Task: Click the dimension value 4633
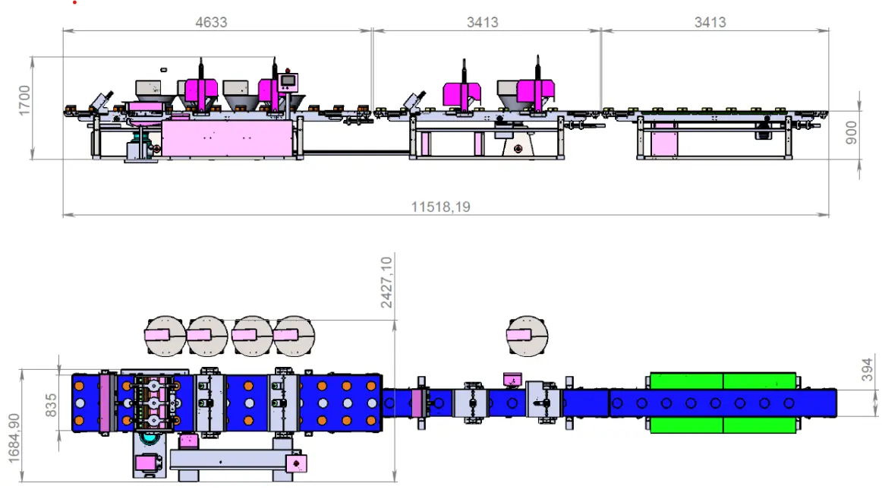tap(211, 23)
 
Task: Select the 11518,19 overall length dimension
tap(440, 207)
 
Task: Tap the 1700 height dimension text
tap(24, 101)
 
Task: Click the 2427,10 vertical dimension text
tap(386, 283)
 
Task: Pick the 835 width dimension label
tap(51, 406)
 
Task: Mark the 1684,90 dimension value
tap(14, 438)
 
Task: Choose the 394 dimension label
tap(867, 369)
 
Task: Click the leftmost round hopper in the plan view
tap(165, 336)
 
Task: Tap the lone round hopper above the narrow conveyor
tap(527, 336)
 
